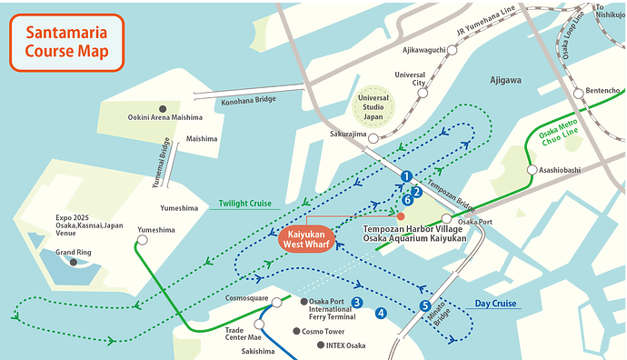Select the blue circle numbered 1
[407, 176]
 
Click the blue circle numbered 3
[357, 303]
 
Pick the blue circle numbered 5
[425, 305]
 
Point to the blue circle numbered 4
[380, 313]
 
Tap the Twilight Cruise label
[245, 204]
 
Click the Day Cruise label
[495, 304]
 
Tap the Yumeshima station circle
[143, 241]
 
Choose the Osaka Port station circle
[446, 219]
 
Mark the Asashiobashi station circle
[532, 170]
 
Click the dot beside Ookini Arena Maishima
[163, 107]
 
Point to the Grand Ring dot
[74, 263]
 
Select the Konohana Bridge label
[247, 102]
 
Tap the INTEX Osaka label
[344, 345]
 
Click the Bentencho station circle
[578, 92]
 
